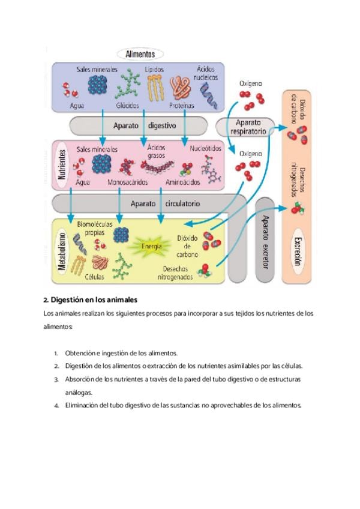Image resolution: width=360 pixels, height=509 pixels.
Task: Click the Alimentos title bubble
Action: point(140,54)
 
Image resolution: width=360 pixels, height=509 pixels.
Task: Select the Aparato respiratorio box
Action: point(245,126)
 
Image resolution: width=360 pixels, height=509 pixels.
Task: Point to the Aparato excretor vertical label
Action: point(265,239)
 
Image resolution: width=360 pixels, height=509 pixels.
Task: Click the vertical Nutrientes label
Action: point(61,166)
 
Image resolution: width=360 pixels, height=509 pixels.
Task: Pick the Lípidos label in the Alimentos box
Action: point(154,70)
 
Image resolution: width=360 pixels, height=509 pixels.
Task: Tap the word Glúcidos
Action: point(128,105)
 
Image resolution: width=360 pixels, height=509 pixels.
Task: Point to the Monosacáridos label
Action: point(128,182)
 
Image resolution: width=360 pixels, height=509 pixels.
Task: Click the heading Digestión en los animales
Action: point(91,299)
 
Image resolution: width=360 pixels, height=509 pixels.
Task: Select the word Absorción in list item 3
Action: point(81,379)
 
